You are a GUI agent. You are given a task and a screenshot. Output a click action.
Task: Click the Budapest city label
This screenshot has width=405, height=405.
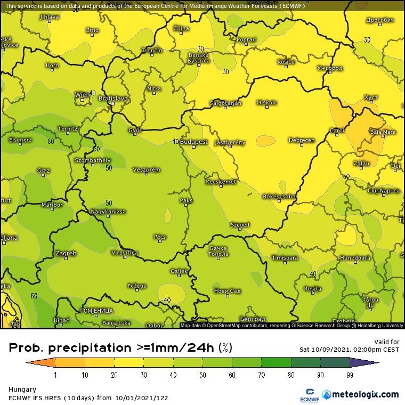194,142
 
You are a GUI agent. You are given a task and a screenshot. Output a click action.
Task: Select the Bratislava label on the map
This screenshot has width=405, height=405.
113,99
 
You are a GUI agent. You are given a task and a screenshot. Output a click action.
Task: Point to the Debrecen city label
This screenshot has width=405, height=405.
301,141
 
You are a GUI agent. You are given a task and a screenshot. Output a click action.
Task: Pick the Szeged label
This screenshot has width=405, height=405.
240,225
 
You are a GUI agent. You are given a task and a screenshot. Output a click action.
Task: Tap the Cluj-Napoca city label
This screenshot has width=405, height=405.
383,190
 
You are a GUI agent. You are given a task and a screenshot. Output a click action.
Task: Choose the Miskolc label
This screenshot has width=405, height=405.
267,102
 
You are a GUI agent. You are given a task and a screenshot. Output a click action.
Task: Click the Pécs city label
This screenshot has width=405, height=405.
159,237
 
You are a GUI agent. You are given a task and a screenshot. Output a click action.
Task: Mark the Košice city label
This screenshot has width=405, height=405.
286,62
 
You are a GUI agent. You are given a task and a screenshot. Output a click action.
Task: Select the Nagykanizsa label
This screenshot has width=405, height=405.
108,212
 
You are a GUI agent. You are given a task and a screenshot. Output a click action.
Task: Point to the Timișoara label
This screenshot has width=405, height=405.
285,258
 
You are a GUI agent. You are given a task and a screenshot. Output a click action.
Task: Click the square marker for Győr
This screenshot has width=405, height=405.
134,134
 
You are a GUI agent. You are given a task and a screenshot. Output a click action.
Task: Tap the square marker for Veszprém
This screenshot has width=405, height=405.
147,174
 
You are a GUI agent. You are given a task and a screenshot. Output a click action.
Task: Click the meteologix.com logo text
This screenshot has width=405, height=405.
365,394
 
